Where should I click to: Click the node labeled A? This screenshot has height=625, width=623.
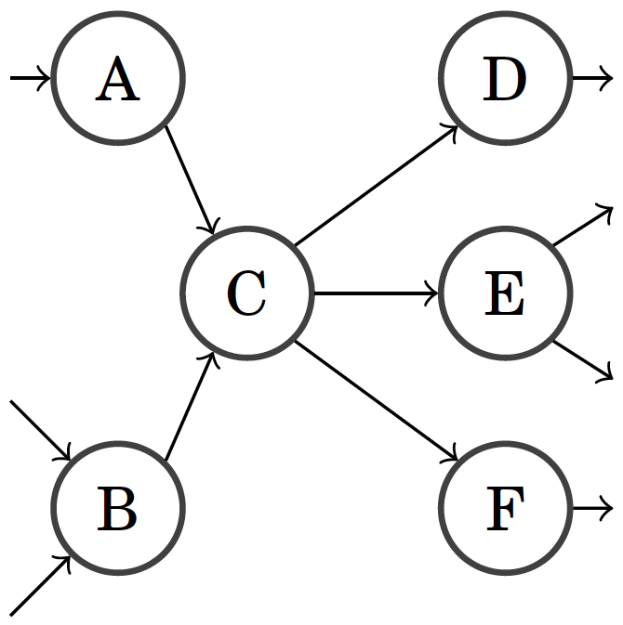118,79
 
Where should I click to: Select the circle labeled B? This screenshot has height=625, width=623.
118,509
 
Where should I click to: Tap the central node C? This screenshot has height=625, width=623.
247,293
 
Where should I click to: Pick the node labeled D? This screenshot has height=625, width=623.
505,79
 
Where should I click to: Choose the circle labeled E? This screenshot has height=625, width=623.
505,293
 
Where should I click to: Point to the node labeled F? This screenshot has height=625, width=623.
505,509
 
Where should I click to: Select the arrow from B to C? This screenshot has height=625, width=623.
191,408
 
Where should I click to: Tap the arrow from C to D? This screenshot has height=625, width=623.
376,187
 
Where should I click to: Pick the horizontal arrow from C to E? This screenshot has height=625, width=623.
376,293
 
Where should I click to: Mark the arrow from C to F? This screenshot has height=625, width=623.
376,401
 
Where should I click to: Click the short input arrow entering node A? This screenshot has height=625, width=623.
30,79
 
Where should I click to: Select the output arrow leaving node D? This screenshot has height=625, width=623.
591,79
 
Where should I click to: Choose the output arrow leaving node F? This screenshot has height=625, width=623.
591,509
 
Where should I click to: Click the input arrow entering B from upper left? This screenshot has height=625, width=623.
40,430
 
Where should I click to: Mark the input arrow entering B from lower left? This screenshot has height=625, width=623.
40,586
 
